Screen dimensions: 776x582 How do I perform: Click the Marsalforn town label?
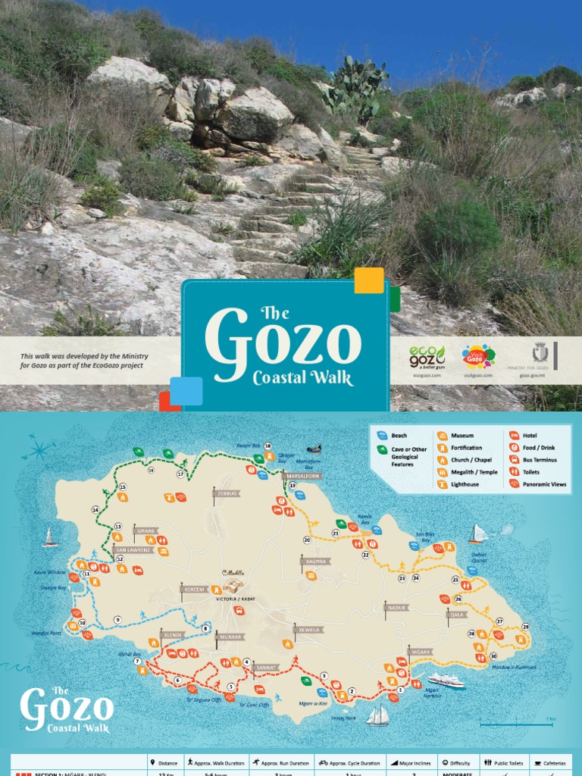point(301,476)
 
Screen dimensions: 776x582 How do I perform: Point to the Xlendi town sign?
point(172,635)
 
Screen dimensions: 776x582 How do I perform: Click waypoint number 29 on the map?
point(525,627)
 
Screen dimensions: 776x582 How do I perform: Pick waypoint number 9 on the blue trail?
point(117,620)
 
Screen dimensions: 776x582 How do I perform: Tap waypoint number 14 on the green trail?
point(95,510)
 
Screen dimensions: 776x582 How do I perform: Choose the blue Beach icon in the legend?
point(382,436)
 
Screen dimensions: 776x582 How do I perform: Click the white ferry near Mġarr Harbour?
point(445,680)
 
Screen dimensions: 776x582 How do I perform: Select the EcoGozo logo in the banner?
point(427,356)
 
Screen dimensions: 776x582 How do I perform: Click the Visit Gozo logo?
point(478,356)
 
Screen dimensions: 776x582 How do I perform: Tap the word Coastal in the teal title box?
point(303,377)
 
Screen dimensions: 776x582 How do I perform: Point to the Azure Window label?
point(50,572)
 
